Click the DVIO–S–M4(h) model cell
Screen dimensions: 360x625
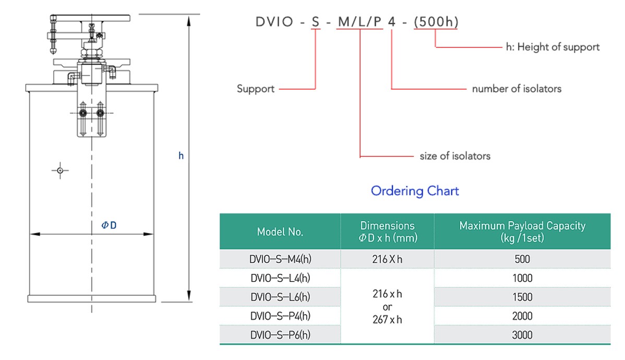(280, 259)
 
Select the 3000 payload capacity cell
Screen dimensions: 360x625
(522, 334)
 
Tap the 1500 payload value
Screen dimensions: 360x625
(522, 297)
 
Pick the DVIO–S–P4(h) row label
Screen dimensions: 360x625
(280, 316)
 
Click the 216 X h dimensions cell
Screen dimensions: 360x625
(387, 259)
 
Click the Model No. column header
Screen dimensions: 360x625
(280, 232)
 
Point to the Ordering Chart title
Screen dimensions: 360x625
(415, 191)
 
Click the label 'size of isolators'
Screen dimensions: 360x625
(455, 155)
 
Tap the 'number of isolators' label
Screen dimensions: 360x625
(516, 89)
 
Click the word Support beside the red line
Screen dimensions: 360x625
(256, 89)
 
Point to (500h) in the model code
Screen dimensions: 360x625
(436, 22)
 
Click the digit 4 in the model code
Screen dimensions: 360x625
(391, 22)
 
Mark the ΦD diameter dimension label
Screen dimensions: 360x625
(109, 225)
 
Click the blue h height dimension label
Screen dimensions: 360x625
(181, 155)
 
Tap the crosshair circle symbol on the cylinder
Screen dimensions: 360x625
(61, 170)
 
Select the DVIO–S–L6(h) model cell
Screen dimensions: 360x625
(280, 297)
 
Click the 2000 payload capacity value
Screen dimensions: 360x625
(522, 316)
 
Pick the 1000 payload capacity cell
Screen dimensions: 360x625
(522, 278)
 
